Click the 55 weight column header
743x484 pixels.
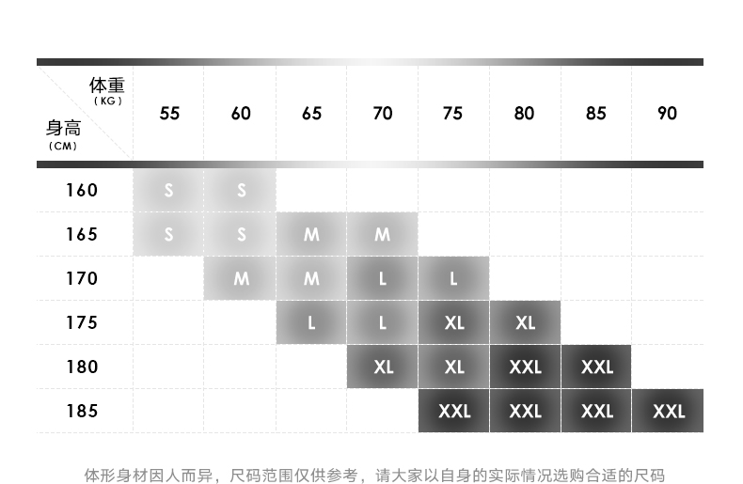[x=169, y=114]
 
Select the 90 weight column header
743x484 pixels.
[x=667, y=114]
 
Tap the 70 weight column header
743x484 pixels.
[x=383, y=114]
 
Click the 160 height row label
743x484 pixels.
[x=82, y=190]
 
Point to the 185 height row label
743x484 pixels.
[x=82, y=411]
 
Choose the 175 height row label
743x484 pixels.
[x=82, y=322]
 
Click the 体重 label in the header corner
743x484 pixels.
[x=107, y=87]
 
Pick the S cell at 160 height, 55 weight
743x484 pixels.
[x=169, y=190]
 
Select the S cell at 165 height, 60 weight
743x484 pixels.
[x=241, y=234]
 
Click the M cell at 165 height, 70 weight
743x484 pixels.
[x=383, y=234]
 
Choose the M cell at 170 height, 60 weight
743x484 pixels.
[x=241, y=278]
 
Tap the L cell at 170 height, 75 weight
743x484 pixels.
[x=453, y=278]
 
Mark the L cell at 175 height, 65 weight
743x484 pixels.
[x=311, y=322]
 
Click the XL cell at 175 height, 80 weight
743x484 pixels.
[x=525, y=322]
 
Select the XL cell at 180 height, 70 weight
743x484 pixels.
[x=383, y=367]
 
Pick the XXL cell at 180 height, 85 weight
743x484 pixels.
[x=596, y=367]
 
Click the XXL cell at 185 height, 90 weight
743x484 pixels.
[x=668, y=411]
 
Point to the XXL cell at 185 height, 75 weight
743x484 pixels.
[x=453, y=411]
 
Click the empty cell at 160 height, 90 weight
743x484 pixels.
[x=668, y=190]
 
